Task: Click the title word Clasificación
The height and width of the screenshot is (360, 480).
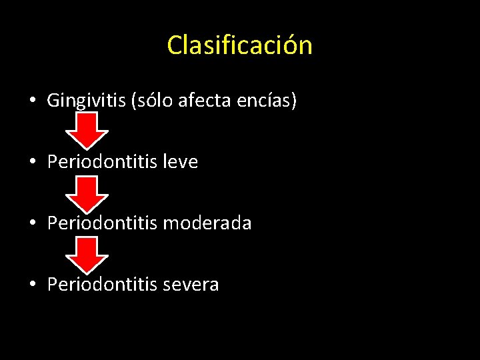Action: (x=239, y=45)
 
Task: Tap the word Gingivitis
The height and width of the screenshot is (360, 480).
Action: (x=87, y=101)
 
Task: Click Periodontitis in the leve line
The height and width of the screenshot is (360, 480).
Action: (x=101, y=162)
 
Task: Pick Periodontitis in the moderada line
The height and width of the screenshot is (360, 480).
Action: (x=101, y=223)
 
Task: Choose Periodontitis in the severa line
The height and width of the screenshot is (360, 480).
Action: (x=101, y=285)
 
